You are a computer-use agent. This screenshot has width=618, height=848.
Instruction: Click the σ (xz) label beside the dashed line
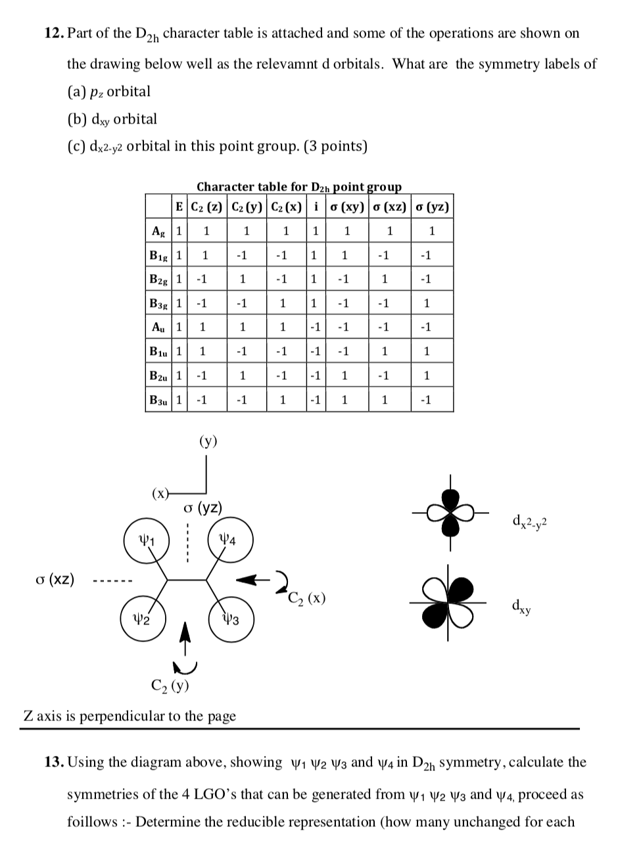(55, 580)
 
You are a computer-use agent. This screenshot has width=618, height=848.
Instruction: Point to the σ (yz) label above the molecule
(202, 507)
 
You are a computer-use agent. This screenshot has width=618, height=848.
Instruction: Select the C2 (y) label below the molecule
(170, 687)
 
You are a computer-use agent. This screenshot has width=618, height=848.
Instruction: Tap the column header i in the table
(317, 207)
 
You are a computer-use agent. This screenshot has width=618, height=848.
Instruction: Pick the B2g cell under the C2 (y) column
(243, 279)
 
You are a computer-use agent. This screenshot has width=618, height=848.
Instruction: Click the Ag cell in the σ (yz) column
(432, 231)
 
